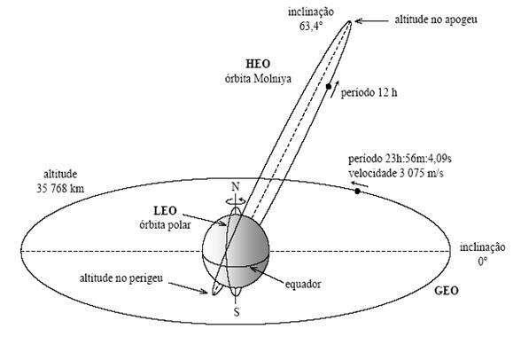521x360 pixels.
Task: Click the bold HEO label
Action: point(258,64)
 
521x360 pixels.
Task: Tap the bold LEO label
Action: point(165,211)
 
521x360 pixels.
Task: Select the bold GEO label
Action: point(447,291)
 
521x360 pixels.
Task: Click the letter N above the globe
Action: point(236,187)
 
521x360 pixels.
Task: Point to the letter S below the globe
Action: point(237,312)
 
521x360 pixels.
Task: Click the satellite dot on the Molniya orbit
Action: point(329,86)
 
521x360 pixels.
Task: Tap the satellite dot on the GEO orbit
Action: point(357,192)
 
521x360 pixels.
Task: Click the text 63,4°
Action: point(311,27)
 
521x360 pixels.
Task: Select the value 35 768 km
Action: point(60,189)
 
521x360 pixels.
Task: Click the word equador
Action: point(303,285)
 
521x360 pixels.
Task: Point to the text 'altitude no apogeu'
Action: point(436,20)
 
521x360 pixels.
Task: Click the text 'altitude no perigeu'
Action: point(121,278)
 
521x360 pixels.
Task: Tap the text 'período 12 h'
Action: point(369,93)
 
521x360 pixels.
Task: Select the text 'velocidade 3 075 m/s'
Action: point(396,173)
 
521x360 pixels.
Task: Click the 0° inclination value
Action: point(483,262)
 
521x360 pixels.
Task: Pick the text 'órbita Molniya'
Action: point(258,79)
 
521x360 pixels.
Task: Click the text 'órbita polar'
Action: point(165,225)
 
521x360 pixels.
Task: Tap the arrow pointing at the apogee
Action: point(371,21)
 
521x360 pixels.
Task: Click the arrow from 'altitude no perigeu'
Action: point(188,288)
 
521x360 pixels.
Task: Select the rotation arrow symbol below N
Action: point(236,200)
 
